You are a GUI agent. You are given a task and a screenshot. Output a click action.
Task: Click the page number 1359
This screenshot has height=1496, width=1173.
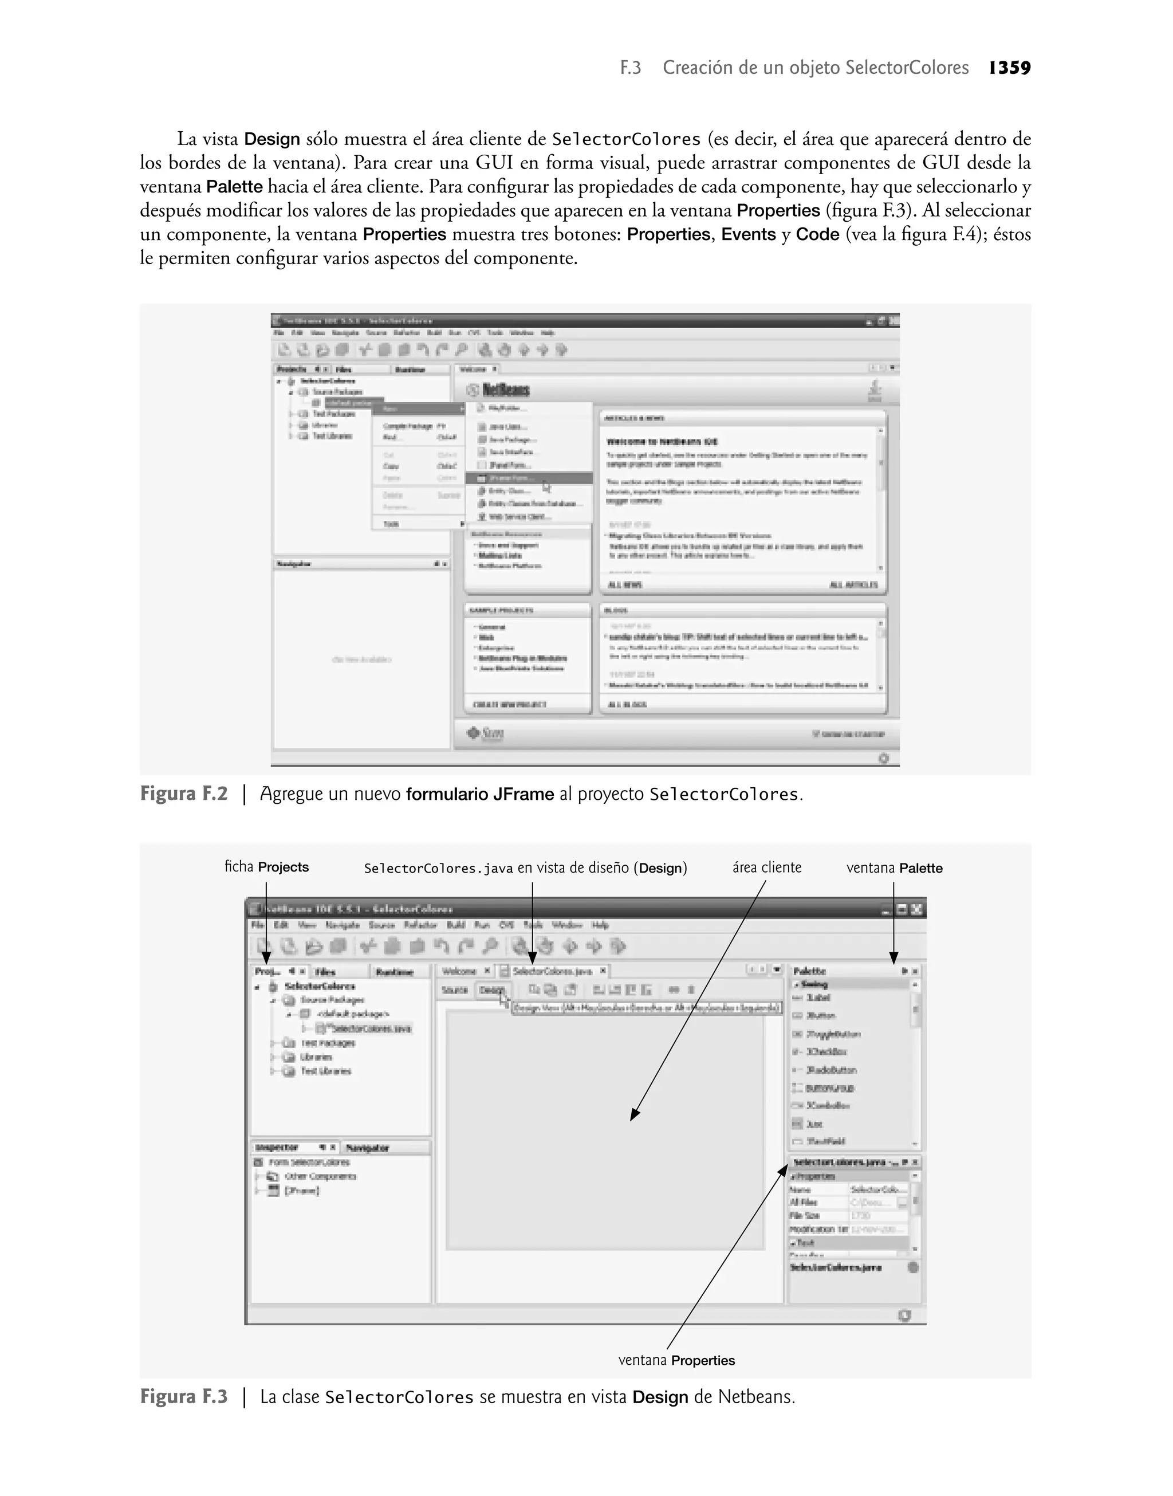(1010, 68)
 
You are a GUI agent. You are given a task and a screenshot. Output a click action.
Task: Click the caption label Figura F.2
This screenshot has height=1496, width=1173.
(183, 794)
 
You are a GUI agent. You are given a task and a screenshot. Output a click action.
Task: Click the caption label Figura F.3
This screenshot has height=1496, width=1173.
(183, 1397)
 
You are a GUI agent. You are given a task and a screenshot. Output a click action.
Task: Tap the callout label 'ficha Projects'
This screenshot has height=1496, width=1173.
(266, 867)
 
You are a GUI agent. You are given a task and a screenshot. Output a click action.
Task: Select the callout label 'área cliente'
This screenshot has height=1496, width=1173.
(766, 867)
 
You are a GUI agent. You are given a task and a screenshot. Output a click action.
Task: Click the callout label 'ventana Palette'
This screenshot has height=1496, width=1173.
(894, 868)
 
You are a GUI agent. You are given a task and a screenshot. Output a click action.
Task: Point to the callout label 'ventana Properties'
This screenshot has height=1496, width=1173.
(676, 1361)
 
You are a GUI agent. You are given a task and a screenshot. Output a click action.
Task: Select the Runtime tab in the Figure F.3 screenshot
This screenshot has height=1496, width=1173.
(394, 972)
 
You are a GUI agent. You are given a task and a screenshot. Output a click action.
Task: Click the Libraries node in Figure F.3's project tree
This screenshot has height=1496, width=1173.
(316, 1057)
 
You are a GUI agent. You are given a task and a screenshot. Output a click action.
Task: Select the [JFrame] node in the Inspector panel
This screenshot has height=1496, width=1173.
(302, 1191)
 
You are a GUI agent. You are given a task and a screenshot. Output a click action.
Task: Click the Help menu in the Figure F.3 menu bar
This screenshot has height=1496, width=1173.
(600, 925)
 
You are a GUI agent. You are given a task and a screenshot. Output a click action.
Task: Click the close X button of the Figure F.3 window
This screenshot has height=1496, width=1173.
(917, 909)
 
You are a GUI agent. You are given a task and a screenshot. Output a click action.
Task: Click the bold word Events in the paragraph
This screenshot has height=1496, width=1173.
(749, 234)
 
